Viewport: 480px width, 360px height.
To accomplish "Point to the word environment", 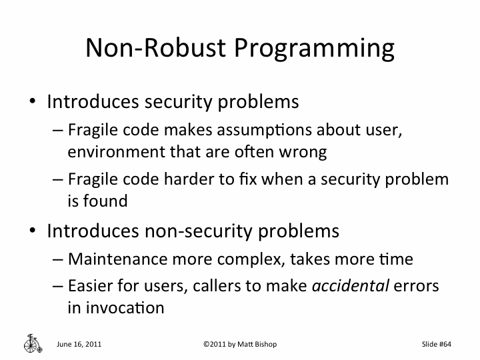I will pos(109,152).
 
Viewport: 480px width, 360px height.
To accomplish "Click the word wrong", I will pos(303,152).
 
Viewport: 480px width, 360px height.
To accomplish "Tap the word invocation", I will pos(115,308).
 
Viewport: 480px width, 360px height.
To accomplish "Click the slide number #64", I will pos(447,344).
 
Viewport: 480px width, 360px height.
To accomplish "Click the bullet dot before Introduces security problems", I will pos(32,103).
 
